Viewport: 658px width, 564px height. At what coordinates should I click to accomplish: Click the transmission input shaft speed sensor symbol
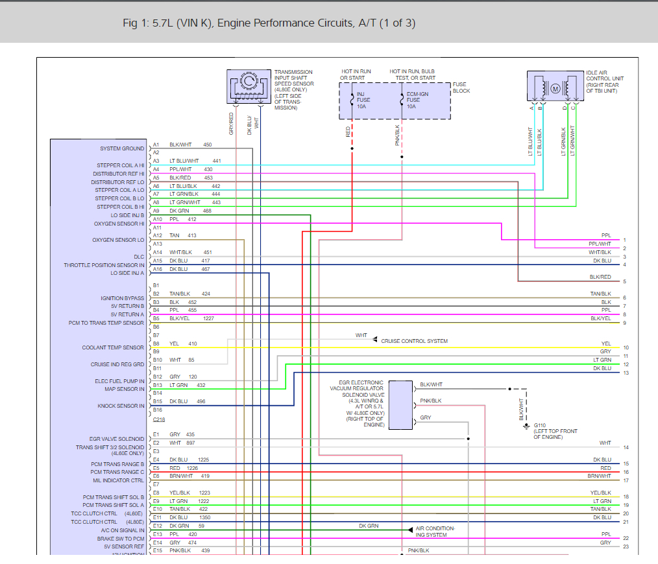coord(249,86)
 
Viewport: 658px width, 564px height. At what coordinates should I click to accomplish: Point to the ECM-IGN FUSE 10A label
coord(417,100)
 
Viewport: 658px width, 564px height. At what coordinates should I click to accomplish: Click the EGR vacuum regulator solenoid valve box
coord(401,405)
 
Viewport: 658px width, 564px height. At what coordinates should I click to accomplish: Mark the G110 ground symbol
coord(526,427)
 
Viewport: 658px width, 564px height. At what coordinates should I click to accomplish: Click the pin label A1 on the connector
coord(156,145)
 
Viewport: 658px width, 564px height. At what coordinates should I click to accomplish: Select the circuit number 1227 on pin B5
coord(208,319)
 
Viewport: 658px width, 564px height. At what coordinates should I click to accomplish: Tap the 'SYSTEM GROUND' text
coord(122,148)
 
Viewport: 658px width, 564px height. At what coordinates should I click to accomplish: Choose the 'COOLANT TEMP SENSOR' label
coord(113,347)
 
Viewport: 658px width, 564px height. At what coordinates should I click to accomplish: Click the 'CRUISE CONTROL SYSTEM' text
coord(414,341)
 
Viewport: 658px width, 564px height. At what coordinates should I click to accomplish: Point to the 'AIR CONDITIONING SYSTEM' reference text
coord(435,532)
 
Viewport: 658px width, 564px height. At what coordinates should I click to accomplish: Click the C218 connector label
coord(159,419)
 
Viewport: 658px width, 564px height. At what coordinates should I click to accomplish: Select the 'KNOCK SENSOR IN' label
coord(121,406)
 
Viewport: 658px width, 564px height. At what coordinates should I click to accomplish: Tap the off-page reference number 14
coord(626,447)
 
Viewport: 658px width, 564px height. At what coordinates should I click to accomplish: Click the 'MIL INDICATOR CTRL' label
coord(118,480)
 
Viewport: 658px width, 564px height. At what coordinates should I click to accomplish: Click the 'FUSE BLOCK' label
coord(461,88)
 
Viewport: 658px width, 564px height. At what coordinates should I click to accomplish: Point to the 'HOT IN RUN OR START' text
coord(356,75)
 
